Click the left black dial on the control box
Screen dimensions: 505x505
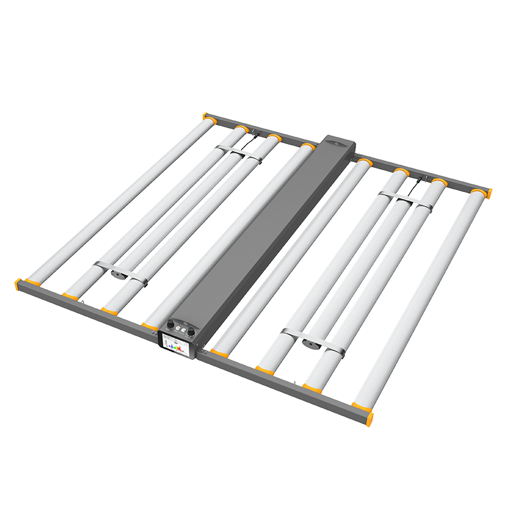click(170, 326)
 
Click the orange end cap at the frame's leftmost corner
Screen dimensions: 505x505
click(19, 283)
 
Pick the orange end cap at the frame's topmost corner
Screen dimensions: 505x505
click(206, 116)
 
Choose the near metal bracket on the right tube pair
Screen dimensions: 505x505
click(313, 338)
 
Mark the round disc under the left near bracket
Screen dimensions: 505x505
click(118, 275)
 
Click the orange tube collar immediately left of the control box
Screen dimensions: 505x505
click(150, 325)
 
